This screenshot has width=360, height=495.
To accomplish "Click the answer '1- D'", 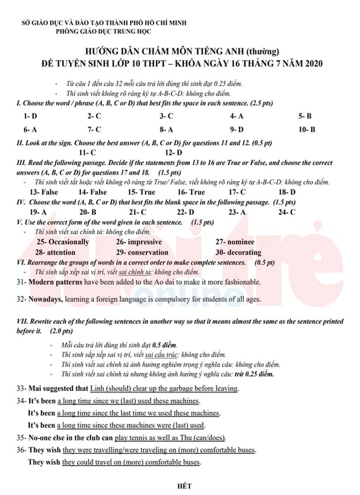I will [30, 116].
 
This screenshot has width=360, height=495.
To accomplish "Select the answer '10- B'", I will [306, 130].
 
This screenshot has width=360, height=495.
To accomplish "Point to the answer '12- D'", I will [173, 152].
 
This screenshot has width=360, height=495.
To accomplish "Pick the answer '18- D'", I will [287, 192].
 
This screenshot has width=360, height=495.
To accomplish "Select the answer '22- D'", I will [186, 212].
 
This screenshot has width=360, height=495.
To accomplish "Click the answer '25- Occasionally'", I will [62, 242].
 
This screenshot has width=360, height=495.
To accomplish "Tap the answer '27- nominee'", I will [235, 242].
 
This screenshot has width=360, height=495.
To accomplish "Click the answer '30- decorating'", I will [238, 252].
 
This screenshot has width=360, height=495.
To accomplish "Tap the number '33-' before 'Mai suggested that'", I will [22, 389].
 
